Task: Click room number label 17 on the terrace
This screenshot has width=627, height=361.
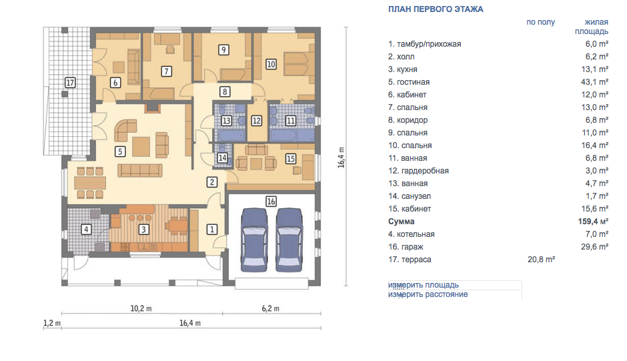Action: click(70, 83)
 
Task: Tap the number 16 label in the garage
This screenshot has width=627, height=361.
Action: click(271, 202)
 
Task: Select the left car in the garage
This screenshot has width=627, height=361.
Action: click(254, 240)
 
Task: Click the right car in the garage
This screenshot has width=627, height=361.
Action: click(289, 240)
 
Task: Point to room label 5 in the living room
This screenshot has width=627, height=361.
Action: click(120, 151)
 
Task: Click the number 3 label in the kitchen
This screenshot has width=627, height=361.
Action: click(143, 230)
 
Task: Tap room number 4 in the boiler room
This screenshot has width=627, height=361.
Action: click(86, 230)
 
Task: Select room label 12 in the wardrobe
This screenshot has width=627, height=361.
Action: click(256, 121)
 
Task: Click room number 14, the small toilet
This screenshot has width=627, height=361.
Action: click(222, 158)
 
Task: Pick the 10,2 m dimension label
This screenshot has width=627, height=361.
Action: click(141, 308)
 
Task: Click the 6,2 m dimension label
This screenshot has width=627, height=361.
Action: click(271, 308)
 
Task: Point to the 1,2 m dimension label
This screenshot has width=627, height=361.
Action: click(52, 323)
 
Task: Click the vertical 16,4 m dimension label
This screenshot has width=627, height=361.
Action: click(341, 157)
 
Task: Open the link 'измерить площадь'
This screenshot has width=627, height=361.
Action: click(424, 285)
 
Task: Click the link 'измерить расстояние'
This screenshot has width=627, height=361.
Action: click(428, 294)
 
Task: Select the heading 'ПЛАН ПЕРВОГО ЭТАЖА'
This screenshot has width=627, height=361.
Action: click(436, 9)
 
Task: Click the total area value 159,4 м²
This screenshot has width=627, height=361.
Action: click(593, 222)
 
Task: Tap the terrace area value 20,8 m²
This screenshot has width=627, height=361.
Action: click(541, 260)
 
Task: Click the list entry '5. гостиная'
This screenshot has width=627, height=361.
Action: click(409, 82)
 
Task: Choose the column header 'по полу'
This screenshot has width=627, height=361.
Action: click(541, 22)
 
